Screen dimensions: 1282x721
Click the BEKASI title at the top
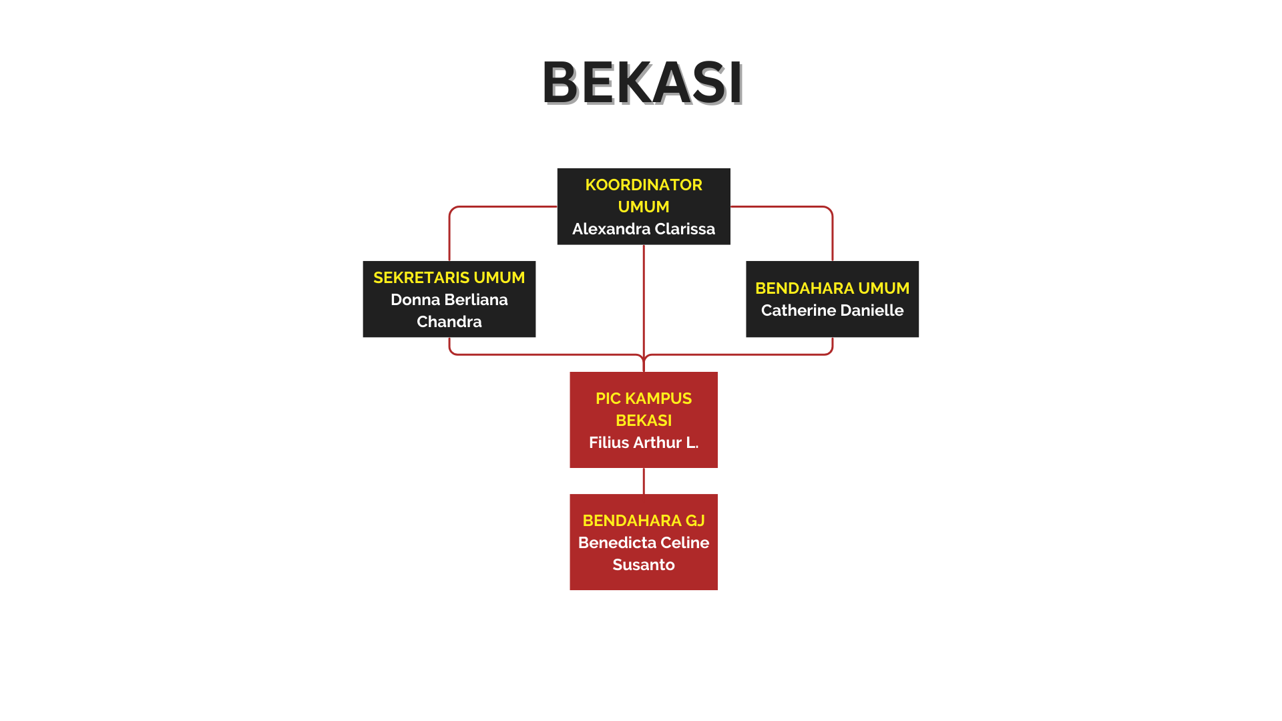click(642, 83)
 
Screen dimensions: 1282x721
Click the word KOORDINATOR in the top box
click(644, 185)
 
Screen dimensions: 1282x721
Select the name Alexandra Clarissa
click(644, 229)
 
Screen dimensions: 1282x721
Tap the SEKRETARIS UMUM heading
click(449, 278)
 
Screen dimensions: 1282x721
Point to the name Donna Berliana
click(449, 300)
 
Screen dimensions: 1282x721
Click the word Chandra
click(449, 322)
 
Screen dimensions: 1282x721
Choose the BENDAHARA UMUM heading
click(833, 288)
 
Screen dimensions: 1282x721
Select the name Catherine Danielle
click(833, 310)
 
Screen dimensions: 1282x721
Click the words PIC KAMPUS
click(644, 399)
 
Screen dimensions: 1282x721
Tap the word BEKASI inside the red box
click(644, 421)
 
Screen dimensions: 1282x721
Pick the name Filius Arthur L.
click(644, 443)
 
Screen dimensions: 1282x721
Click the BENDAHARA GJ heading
click(644, 521)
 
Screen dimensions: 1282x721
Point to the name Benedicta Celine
click(644, 543)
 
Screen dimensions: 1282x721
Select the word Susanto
click(644, 565)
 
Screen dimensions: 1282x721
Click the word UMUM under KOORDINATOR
click(644, 207)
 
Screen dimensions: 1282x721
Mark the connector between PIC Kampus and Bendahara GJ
click(644, 481)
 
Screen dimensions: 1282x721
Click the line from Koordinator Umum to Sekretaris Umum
click(467, 207)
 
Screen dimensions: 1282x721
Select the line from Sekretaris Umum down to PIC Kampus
click(548, 354)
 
